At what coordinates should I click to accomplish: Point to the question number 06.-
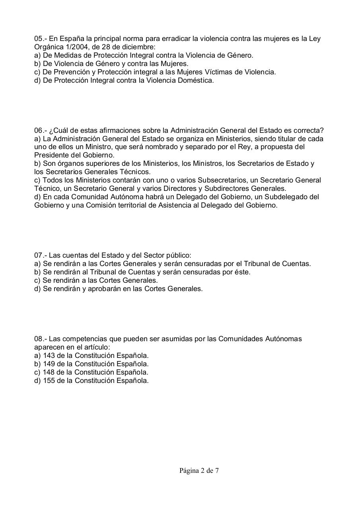40,130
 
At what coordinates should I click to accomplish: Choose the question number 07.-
40,255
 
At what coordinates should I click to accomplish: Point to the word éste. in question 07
242,272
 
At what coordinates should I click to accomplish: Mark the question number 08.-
40,339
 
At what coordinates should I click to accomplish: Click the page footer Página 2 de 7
199,471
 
